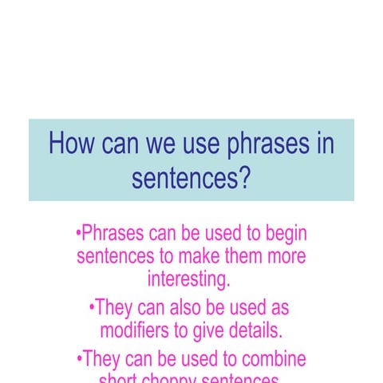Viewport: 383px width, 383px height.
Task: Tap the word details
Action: click(x=255, y=330)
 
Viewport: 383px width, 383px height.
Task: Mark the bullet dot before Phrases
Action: click(x=78, y=235)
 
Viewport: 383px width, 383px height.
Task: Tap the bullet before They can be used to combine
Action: click(x=78, y=357)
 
